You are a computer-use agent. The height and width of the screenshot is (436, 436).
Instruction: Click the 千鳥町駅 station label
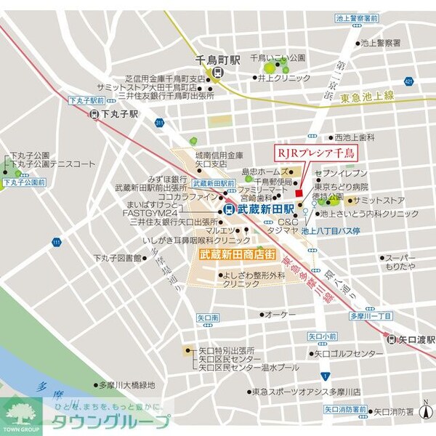click(217, 61)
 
